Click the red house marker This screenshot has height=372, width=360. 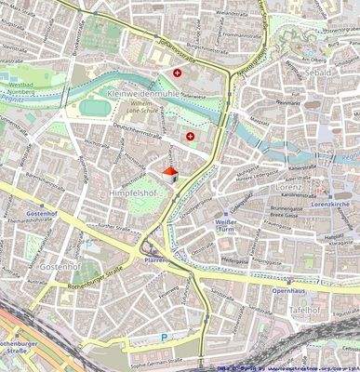point(170,172)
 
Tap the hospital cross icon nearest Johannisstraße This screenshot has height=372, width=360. point(178,72)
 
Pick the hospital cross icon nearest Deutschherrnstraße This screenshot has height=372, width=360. point(191,137)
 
